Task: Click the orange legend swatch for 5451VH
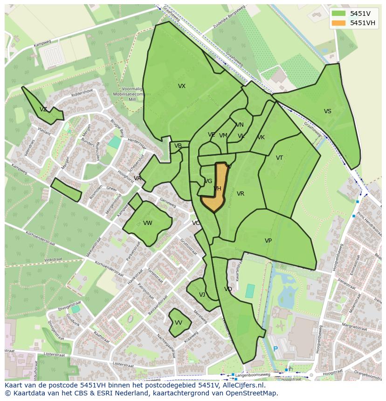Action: click(x=339, y=23)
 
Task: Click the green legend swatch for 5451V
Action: click(x=339, y=14)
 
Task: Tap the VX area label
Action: click(x=182, y=86)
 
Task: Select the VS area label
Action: click(x=328, y=111)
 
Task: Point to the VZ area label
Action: click(x=43, y=109)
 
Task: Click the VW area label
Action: click(x=148, y=223)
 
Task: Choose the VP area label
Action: click(x=268, y=241)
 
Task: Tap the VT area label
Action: click(x=279, y=158)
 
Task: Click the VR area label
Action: click(x=241, y=194)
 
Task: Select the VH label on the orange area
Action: click(x=217, y=189)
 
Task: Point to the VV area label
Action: click(x=179, y=323)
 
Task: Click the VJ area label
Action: click(x=202, y=295)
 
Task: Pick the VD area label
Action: click(x=228, y=289)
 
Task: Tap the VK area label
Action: click(x=261, y=137)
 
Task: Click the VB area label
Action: click(x=178, y=146)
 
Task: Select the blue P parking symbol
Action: click(x=276, y=349)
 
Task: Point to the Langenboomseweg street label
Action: click(x=253, y=374)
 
